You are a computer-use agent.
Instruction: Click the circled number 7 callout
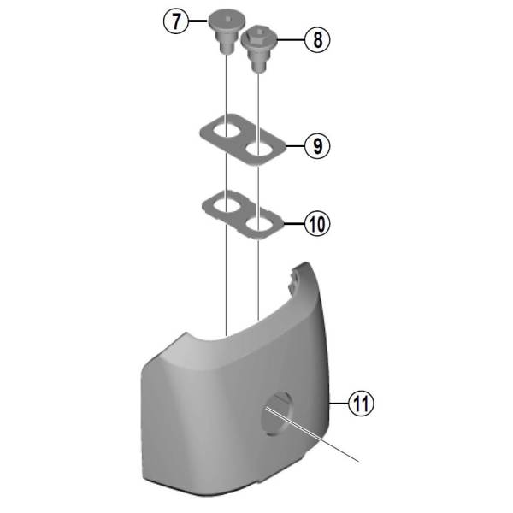[x=176, y=21]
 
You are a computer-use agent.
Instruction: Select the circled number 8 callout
[x=317, y=40]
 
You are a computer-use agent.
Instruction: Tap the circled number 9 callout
[x=317, y=146]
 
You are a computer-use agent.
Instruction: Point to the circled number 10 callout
[x=317, y=224]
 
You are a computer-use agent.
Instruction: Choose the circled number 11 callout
[x=361, y=404]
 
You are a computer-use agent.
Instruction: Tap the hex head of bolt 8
[x=259, y=38]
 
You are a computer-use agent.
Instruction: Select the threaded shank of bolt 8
[x=258, y=62]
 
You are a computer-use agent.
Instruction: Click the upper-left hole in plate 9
[x=227, y=131]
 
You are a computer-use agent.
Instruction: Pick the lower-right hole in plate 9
[x=258, y=150]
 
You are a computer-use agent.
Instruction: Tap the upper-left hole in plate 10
[x=227, y=206]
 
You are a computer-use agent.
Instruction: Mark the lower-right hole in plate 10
[x=258, y=224]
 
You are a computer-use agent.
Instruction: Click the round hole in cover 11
[x=277, y=414]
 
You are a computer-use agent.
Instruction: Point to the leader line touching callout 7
[x=198, y=21]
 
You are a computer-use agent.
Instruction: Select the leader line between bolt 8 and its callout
[x=291, y=40]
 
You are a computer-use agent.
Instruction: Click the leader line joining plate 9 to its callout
[x=295, y=146]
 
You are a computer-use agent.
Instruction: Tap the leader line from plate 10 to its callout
[x=294, y=224]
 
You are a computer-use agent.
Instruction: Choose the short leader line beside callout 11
[x=339, y=404]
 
